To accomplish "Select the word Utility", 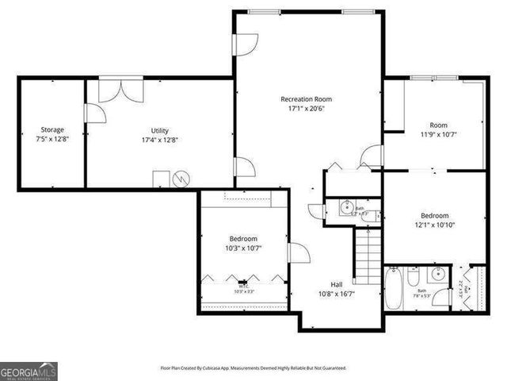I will click(159, 130).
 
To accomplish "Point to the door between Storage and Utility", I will click(92, 113).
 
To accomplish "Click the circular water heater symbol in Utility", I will click(184, 179).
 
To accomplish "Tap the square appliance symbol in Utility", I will click(162, 179).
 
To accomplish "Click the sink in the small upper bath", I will click(347, 208).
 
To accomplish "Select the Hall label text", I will click(337, 284).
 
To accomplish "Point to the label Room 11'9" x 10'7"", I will click(438, 129).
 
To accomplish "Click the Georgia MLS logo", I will click(29, 371).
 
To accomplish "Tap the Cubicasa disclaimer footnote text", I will click(253, 368).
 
